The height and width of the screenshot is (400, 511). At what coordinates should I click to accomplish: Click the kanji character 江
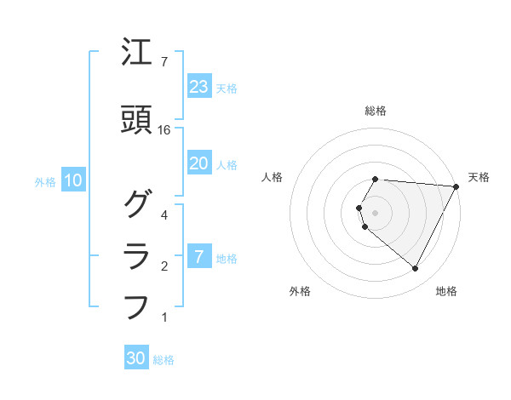[137, 54]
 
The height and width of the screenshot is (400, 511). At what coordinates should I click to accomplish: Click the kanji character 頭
[137, 122]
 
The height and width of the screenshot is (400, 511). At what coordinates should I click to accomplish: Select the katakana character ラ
[137, 256]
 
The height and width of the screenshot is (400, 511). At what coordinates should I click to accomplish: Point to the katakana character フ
[137, 306]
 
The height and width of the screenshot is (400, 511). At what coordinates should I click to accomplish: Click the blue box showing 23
[198, 87]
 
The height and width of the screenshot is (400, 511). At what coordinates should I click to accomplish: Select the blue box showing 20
[198, 163]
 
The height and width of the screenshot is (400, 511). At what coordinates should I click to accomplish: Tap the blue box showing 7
[198, 257]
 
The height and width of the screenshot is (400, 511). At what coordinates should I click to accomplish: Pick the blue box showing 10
[73, 180]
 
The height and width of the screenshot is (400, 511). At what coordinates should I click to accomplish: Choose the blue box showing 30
[136, 359]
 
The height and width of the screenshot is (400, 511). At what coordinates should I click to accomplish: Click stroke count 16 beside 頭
[164, 130]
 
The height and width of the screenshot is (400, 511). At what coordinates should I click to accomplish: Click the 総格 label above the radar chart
[376, 111]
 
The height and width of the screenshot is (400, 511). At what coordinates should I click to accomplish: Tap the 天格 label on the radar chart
[479, 177]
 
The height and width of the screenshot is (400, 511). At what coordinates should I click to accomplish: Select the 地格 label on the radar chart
[446, 291]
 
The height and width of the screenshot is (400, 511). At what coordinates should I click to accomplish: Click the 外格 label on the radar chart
[300, 291]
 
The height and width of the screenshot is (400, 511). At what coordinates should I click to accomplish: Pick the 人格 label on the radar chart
[273, 177]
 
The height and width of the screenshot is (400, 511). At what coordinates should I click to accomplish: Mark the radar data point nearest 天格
[456, 186]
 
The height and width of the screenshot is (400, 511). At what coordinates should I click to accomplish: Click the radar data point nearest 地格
[416, 269]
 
